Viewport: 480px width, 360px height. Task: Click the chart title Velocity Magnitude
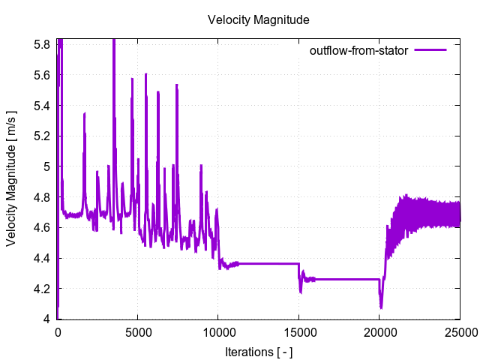click(x=259, y=19)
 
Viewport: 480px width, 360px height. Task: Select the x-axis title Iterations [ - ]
click(x=259, y=351)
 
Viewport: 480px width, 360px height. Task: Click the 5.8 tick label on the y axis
click(x=41, y=45)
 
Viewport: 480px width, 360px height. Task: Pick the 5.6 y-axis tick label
click(x=41, y=75)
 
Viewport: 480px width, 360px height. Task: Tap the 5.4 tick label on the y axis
click(x=41, y=106)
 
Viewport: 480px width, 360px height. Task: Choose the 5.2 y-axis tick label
click(x=41, y=136)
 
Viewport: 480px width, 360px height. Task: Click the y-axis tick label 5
click(x=46, y=166)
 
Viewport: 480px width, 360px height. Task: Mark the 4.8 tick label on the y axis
click(x=41, y=197)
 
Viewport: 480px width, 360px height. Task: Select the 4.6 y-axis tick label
click(x=41, y=228)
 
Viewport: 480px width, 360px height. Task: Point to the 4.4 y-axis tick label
click(x=41, y=258)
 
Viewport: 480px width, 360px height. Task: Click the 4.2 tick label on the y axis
click(x=41, y=289)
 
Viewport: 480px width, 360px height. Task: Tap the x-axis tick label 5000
click(x=138, y=333)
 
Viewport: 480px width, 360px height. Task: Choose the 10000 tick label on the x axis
click(x=218, y=333)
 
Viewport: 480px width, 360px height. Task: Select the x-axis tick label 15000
click(x=298, y=333)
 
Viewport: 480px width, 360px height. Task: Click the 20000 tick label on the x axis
click(x=379, y=333)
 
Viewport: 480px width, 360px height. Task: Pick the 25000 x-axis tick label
click(x=459, y=333)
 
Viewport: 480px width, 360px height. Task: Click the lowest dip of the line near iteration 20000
click(x=381, y=307)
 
